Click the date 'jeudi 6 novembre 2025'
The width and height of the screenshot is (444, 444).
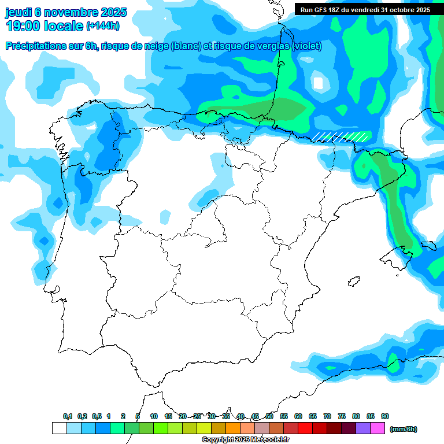[66, 12]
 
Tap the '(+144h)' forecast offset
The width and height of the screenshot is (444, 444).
[102, 26]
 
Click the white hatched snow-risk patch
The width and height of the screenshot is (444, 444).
[341, 136]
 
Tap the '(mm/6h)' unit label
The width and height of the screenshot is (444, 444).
[403, 429]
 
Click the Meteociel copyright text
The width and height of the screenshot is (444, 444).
[245, 440]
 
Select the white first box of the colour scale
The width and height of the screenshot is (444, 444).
[59, 428]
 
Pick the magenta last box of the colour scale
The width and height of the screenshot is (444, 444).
[378, 428]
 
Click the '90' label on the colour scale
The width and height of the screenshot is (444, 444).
[385, 416]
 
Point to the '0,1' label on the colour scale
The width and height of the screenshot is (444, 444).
[68, 416]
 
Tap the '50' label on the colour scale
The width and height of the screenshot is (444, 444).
[269, 416]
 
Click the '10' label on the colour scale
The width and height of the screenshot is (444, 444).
[154, 416]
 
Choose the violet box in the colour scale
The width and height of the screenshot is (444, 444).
[363, 428]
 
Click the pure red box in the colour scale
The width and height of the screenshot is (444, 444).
[305, 428]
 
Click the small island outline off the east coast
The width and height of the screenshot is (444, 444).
[353, 282]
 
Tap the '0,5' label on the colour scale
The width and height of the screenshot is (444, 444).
[97, 416]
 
